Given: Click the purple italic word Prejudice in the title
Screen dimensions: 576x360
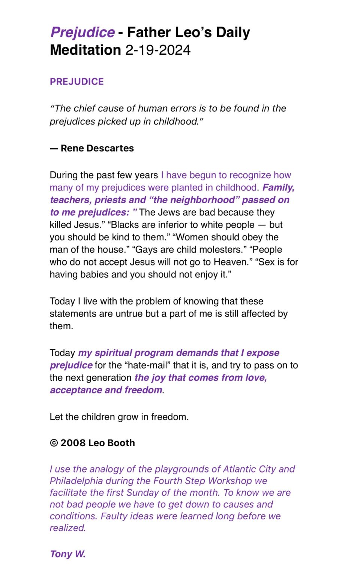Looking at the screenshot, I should (x=82, y=32).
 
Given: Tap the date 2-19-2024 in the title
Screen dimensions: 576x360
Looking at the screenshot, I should (x=158, y=50).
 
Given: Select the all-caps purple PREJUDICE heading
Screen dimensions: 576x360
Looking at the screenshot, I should (x=76, y=81).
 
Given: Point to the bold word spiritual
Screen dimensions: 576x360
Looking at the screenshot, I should (x=113, y=353).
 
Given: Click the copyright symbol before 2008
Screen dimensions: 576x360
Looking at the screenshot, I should (x=54, y=443).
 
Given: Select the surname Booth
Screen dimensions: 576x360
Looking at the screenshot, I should (x=121, y=443).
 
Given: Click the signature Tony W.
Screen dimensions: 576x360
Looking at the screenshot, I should (x=67, y=554).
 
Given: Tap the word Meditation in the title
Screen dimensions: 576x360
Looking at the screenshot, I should (x=85, y=50).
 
